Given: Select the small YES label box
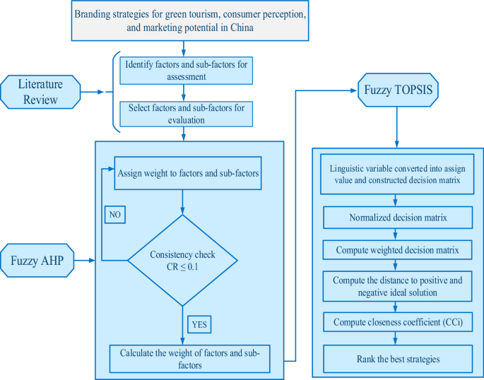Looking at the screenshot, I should point(199,324).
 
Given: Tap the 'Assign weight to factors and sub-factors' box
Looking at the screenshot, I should point(188,173).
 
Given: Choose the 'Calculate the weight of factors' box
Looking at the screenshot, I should point(189,358).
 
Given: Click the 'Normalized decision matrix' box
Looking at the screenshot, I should point(396,218).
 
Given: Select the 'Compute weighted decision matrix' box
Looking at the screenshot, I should point(396,250).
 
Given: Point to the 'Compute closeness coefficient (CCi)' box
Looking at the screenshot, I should point(396,322).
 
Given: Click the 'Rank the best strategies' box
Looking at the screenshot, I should point(396,358).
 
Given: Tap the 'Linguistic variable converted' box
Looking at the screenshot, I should point(396,175).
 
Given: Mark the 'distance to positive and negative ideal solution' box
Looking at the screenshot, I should point(396,286).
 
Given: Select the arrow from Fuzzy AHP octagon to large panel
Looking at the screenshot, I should point(85,261).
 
